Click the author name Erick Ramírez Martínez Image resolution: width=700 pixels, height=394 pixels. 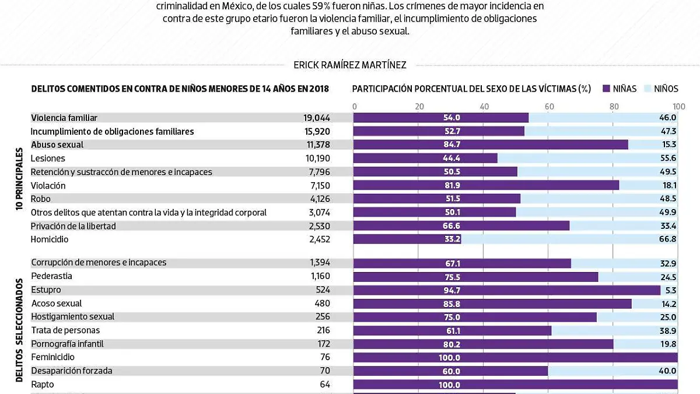(x=349, y=65)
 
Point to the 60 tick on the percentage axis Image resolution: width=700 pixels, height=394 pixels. (x=549, y=106)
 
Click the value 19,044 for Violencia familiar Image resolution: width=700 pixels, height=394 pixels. (x=317, y=118)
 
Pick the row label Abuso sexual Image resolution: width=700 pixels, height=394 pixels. (x=57, y=145)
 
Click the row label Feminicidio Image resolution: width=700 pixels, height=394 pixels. (x=53, y=357)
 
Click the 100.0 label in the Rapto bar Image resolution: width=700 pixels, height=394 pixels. (x=449, y=385)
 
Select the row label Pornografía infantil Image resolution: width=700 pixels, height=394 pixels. (x=68, y=344)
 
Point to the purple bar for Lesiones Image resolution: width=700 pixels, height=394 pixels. (x=425, y=158)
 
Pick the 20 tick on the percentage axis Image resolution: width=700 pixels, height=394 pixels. (x=419, y=106)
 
